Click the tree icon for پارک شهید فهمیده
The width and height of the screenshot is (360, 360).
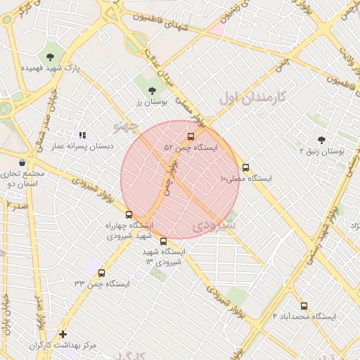click(50, 56)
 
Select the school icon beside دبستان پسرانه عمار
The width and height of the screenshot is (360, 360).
click(82, 134)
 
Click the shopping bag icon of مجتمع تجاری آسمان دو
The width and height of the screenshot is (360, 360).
click(23, 162)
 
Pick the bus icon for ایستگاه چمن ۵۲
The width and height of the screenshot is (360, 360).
click(191, 136)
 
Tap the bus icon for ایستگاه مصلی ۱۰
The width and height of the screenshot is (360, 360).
click(245, 167)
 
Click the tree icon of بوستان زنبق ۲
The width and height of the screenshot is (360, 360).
click(322, 140)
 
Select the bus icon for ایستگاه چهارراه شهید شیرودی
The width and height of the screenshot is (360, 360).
click(128, 214)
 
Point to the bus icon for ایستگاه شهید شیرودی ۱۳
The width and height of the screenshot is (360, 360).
click(164, 241)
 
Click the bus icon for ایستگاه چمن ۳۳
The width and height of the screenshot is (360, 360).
click(102, 273)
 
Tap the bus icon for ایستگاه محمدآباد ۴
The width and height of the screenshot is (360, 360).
click(304, 306)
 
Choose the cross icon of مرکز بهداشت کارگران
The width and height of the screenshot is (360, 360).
click(63, 335)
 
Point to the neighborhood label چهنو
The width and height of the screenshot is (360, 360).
click(127, 126)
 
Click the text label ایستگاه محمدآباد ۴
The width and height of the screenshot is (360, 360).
click(304, 317)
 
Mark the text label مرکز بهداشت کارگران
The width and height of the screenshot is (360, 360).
click(63, 346)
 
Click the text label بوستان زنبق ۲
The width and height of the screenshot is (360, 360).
click(322, 151)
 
